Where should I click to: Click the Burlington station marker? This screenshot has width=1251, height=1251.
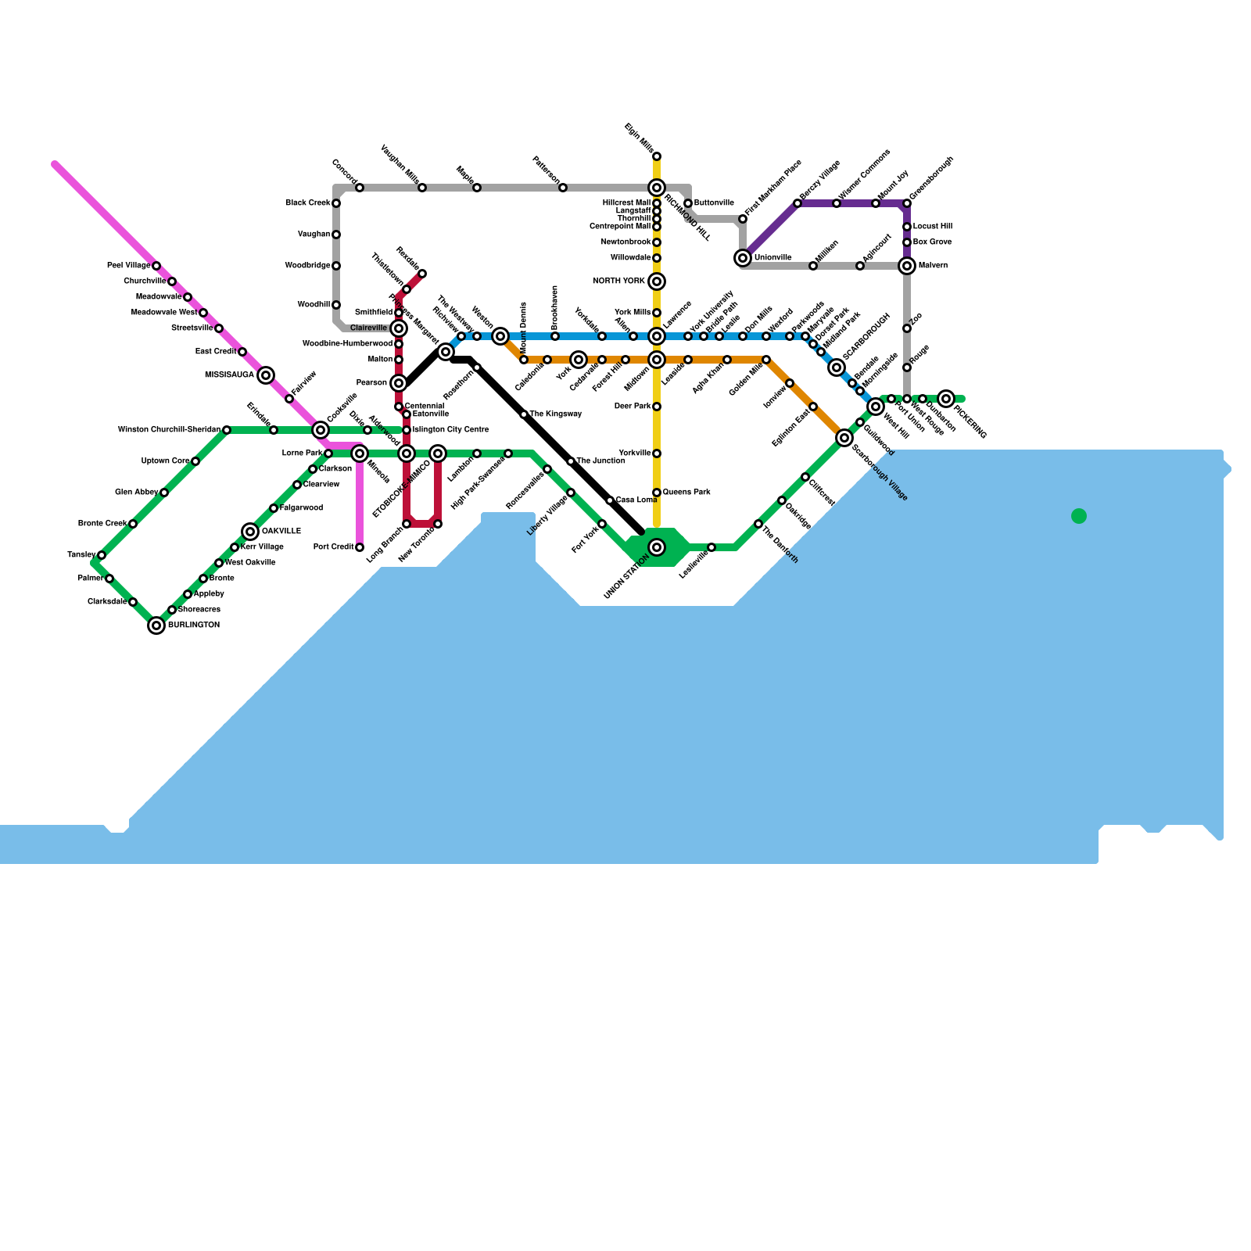(156, 625)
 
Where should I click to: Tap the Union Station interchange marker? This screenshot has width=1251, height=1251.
(657, 547)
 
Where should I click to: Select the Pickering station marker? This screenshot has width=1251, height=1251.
(946, 399)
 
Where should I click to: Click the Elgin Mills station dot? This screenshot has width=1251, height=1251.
(657, 156)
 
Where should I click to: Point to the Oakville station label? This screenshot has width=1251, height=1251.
(281, 532)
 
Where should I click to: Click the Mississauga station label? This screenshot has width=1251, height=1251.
(229, 375)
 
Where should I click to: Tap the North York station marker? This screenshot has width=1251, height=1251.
(657, 281)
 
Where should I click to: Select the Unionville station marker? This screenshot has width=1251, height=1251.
(743, 258)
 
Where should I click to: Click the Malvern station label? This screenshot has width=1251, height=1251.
(933, 266)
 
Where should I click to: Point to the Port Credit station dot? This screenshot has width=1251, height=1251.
(360, 547)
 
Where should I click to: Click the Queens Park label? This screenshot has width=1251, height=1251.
(686, 493)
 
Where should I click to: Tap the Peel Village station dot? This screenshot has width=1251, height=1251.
(156, 266)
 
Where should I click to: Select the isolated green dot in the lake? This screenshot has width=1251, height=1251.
(1079, 516)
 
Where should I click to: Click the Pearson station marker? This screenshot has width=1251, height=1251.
(399, 383)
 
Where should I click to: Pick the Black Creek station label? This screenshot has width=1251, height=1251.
(307, 203)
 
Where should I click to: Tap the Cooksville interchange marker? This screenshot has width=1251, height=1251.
(321, 430)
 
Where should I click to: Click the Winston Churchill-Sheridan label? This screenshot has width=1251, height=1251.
(169, 430)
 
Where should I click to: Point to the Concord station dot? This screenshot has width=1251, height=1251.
(360, 188)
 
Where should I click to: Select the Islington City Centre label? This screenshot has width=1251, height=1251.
(450, 430)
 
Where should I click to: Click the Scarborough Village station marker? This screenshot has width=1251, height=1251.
(844, 438)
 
